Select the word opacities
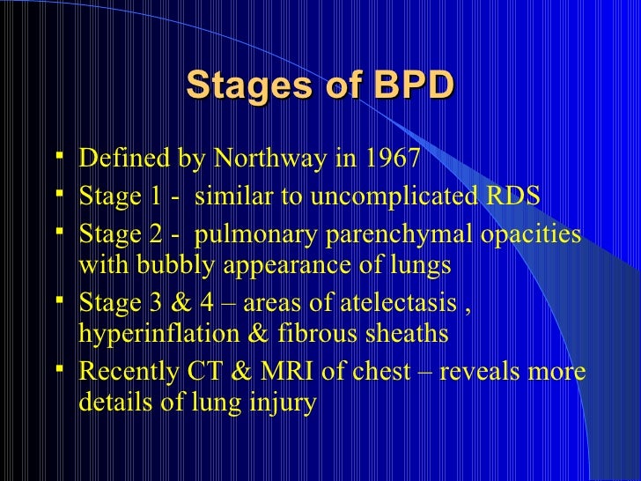532,236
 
